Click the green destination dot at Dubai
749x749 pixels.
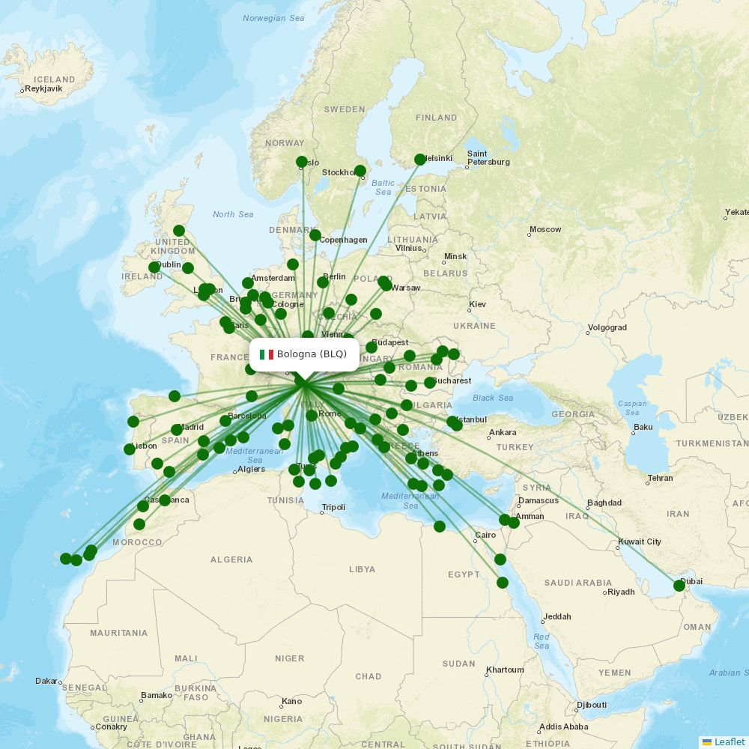coord(679,585)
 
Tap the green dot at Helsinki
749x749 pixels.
coord(420,160)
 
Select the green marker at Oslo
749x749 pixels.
coord(302,162)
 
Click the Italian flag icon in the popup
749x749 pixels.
coord(266,354)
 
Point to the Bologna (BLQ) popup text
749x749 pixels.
coord(312,354)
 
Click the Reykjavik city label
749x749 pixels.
coord(43,88)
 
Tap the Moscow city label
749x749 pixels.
coord(545,229)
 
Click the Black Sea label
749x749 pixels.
coord(493,398)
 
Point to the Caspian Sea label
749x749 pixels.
coord(632,408)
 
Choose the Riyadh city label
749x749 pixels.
coord(621,592)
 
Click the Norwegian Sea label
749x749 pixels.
coord(273,18)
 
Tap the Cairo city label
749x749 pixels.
coord(485,535)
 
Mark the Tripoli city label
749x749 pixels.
coord(333,507)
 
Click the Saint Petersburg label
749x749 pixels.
coord(488,158)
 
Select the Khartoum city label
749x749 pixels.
coord(504,670)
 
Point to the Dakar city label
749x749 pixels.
coord(46,681)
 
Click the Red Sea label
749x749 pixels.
coord(541,641)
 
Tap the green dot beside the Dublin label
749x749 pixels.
coord(154,267)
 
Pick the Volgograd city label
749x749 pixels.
coord(607,327)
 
